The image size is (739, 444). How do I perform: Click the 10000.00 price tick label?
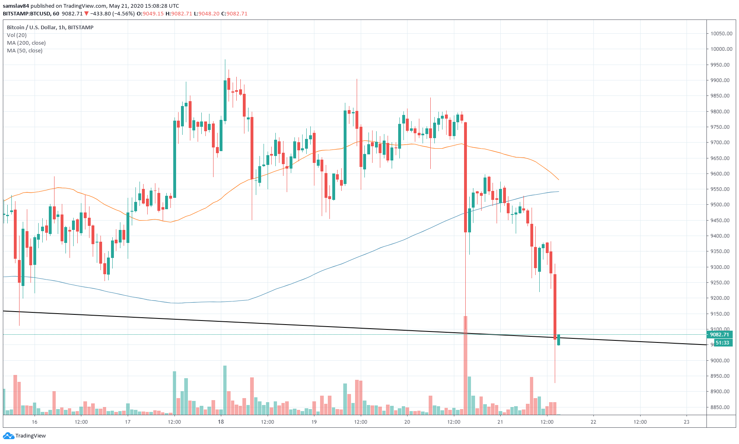[721, 49]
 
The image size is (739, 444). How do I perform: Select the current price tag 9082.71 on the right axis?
[719, 335]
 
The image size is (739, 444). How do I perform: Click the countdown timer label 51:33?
[722, 343]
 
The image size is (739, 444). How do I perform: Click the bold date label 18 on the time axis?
[221, 422]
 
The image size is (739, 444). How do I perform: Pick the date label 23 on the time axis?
[687, 422]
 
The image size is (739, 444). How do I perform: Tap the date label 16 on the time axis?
[35, 422]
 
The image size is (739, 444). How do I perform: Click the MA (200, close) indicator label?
[26, 43]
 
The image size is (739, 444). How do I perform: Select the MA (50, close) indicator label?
[25, 50]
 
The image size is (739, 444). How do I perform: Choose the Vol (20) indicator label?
[17, 35]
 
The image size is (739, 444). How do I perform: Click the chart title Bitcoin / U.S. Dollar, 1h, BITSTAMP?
[50, 27]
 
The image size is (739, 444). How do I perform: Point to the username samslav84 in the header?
[16, 6]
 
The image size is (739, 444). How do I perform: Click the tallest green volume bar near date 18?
[225, 390]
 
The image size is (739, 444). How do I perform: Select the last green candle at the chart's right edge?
[559, 340]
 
